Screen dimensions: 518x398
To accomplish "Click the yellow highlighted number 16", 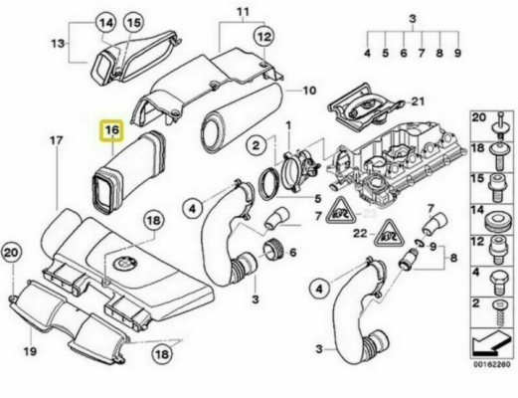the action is (111, 130).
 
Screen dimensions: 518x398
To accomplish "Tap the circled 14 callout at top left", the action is (106, 23).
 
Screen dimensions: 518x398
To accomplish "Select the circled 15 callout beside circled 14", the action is (134, 23).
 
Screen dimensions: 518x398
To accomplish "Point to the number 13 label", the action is (58, 43).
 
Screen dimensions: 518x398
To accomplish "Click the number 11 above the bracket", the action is (243, 12).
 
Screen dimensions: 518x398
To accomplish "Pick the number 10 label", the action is (309, 91).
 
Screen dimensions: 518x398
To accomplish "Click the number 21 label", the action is (418, 100).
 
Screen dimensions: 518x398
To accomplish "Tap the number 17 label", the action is (56, 140).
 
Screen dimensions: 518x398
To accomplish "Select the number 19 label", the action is (30, 351).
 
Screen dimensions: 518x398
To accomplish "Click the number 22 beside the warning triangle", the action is (360, 234).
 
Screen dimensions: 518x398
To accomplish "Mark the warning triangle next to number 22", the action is (386, 235).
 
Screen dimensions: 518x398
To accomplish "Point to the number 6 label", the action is (293, 253).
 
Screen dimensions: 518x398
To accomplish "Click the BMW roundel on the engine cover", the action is (123, 265).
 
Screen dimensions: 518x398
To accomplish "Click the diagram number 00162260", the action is (492, 364).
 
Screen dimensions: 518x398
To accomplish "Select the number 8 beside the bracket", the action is (453, 258).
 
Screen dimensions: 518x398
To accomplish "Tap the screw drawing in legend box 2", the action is (499, 313).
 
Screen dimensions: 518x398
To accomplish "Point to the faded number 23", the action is (369, 213).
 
